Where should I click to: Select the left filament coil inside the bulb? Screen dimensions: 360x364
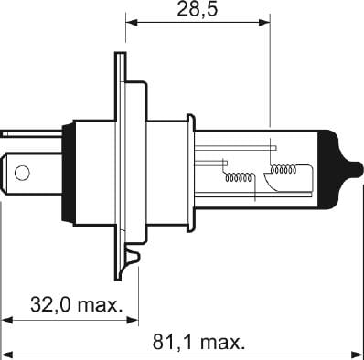pos(240,177)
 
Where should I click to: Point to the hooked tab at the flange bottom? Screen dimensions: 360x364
pos(134,257)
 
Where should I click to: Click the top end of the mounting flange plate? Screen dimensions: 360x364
pos(119,58)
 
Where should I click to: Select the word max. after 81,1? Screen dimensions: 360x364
pos(221,344)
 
